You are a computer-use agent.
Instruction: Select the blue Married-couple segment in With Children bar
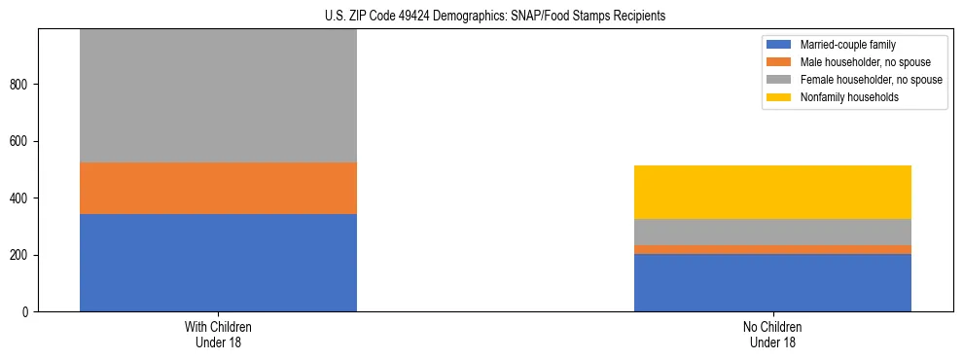[218, 263]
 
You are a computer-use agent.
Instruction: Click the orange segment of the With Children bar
[218, 188]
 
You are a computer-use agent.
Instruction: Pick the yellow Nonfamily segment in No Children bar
[772, 192]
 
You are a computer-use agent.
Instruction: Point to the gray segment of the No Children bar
[772, 232]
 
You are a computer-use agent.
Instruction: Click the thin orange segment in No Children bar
[772, 249]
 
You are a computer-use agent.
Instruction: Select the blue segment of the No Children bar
[772, 282]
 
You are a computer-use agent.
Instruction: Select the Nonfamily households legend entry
[842, 97]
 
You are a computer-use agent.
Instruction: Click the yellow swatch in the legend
[779, 97]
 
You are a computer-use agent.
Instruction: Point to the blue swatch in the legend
[779, 45]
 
